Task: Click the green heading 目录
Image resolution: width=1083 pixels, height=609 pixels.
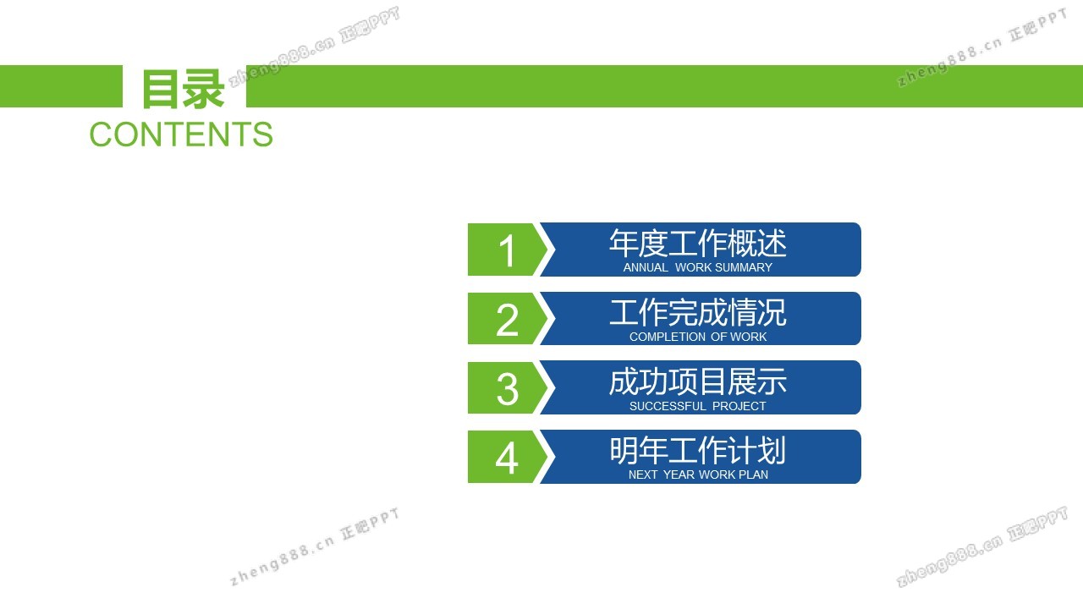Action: (x=183, y=89)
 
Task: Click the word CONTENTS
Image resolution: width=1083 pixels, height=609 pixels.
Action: (x=181, y=134)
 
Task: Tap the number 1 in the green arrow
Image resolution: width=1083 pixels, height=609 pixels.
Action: (x=507, y=251)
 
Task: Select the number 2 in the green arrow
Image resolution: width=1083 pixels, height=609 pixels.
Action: (x=507, y=320)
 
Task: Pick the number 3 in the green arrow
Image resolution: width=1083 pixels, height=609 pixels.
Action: (x=507, y=388)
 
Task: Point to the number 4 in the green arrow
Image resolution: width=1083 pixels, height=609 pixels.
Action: (x=507, y=458)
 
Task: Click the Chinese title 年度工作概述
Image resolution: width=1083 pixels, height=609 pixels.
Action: (x=698, y=243)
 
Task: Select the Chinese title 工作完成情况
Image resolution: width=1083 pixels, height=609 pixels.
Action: (x=698, y=313)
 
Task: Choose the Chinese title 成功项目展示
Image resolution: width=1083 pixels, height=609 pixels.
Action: (x=698, y=381)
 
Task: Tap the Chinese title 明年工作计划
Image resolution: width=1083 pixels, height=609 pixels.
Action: (x=698, y=451)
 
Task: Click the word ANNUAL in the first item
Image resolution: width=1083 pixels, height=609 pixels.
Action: (x=646, y=267)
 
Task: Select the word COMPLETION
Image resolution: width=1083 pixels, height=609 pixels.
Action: (x=668, y=337)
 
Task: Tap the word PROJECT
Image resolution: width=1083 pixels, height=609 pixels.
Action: (x=739, y=406)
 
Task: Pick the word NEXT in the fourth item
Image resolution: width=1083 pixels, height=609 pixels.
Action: (x=642, y=475)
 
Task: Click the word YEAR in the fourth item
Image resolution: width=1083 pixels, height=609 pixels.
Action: (x=679, y=475)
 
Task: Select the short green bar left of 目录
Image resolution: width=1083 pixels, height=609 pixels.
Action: (x=62, y=86)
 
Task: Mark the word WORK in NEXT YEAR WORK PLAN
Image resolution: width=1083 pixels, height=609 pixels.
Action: (x=716, y=475)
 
